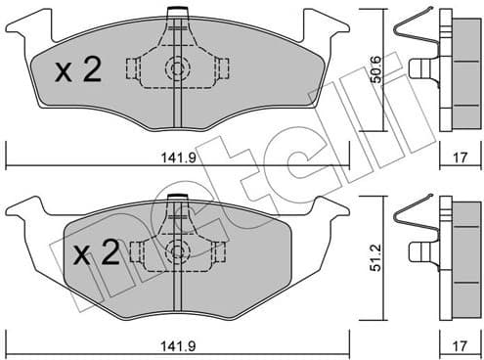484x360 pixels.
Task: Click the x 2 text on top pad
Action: coord(78,70)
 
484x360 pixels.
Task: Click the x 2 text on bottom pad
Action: coord(96,254)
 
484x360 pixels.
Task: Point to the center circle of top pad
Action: coord(177,68)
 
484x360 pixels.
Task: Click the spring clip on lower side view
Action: coord(410,220)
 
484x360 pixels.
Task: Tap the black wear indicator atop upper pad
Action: coord(177,12)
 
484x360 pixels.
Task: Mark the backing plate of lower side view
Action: coord(447,249)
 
